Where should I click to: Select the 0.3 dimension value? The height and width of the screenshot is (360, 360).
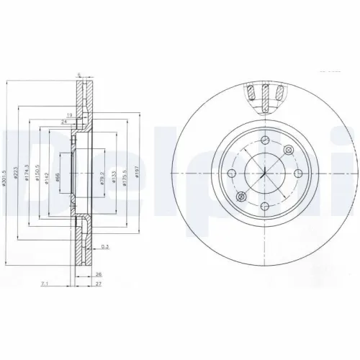pos(105,248)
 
